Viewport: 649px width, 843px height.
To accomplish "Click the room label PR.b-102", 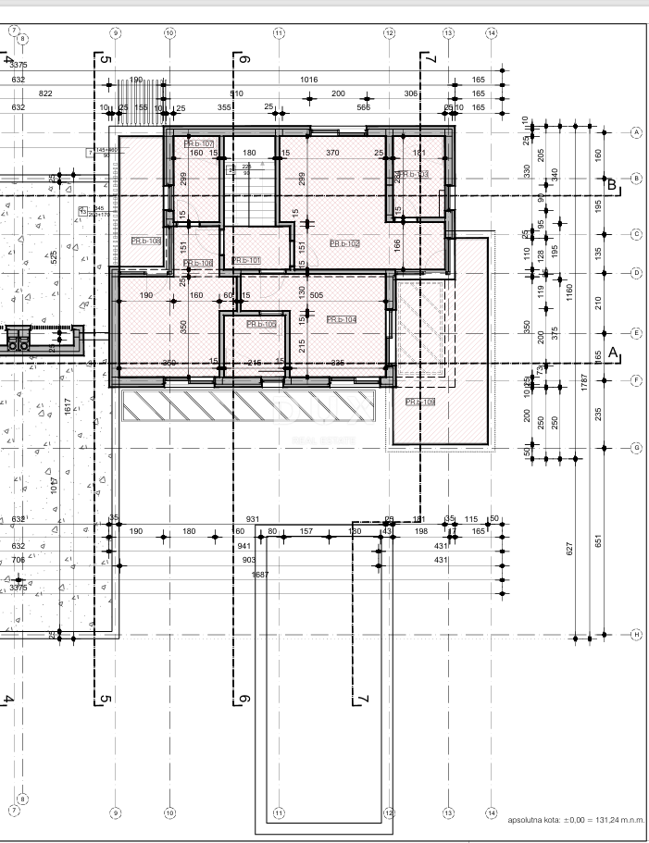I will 343,243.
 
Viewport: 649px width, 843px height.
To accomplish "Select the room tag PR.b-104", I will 341,319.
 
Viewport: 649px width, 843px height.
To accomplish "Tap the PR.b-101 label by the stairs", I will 245,261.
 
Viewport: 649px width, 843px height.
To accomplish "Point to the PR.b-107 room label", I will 199,143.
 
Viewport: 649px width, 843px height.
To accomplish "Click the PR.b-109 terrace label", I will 420,402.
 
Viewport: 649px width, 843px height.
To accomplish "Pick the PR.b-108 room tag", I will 145,241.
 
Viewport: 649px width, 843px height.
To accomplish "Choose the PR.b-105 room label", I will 261,325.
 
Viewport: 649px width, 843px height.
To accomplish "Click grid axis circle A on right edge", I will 636,132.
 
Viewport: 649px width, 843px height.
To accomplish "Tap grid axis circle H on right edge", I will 636,635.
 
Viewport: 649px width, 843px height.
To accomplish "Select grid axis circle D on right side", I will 636,273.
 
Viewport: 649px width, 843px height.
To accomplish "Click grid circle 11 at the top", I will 279,32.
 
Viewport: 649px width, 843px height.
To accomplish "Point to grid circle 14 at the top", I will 491,32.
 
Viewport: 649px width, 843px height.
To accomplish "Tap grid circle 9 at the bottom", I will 115,812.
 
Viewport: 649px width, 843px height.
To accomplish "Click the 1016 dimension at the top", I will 309,80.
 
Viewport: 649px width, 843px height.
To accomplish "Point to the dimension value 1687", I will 260,575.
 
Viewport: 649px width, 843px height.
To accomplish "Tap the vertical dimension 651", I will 598,540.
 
